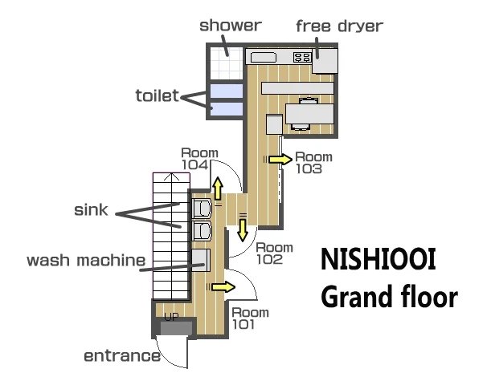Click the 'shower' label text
[x=231, y=26]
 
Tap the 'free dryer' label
[x=339, y=26]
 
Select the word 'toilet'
[x=158, y=95]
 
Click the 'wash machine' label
[x=86, y=261]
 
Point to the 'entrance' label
[x=122, y=356]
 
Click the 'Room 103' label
[x=313, y=163]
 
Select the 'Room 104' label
[x=200, y=159]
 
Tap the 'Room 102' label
[x=274, y=253]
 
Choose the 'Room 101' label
[x=250, y=318]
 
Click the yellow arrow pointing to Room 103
[x=280, y=160]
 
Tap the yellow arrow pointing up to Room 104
[x=218, y=188]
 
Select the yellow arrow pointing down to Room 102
[x=243, y=229]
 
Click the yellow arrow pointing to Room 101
[x=223, y=287]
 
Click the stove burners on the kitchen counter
[x=302, y=57]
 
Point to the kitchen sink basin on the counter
[x=264, y=58]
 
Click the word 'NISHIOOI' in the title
[x=378, y=259]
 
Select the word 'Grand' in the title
[x=354, y=296]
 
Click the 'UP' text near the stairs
[x=171, y=317]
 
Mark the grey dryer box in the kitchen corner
[x=325, y=61]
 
